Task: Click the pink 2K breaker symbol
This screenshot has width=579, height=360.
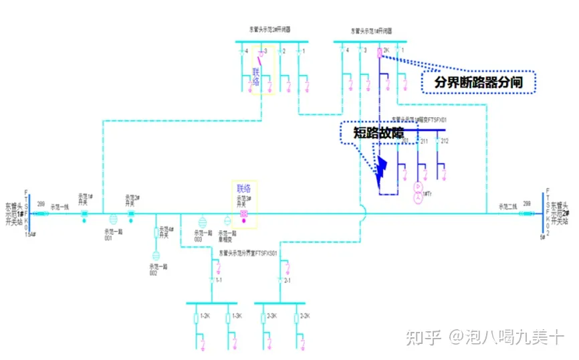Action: (378, 52)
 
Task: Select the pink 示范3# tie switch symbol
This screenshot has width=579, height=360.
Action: (243, 213)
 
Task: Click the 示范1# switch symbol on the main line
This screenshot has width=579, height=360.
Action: (85, 213)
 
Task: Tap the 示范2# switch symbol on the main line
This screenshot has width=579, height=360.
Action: (131, 213)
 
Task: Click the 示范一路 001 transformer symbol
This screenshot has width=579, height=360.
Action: (112, 219)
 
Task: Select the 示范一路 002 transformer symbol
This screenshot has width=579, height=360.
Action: (156, 256)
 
